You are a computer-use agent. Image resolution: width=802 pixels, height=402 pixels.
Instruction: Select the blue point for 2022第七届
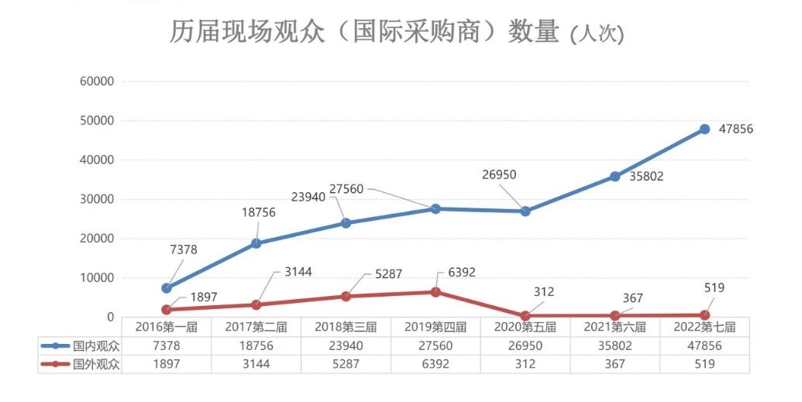(704, 129)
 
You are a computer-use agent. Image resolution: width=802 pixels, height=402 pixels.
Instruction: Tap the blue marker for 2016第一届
(167, 288)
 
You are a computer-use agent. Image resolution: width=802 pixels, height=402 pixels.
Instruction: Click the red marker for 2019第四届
(435, 292)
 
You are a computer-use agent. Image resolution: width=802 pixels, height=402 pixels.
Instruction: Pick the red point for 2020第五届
(525, 316)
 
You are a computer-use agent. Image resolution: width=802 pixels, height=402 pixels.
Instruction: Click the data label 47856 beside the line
(735, 129)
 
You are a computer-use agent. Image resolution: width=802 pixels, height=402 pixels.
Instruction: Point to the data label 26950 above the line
(499, 175)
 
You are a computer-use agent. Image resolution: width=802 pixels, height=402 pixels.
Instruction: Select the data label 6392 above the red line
(461, 273)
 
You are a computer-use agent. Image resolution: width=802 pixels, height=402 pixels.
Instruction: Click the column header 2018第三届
(346, 327)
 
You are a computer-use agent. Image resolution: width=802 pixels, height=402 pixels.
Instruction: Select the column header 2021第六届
(614, 327)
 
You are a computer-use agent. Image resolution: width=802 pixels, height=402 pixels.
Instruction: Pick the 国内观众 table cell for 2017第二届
(256, 345)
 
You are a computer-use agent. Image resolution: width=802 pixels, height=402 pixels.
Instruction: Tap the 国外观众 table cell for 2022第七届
(704, 364)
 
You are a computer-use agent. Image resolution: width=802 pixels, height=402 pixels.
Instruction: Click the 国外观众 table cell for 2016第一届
(167, 364)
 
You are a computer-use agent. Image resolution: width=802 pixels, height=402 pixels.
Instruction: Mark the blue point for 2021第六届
(614, 177)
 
